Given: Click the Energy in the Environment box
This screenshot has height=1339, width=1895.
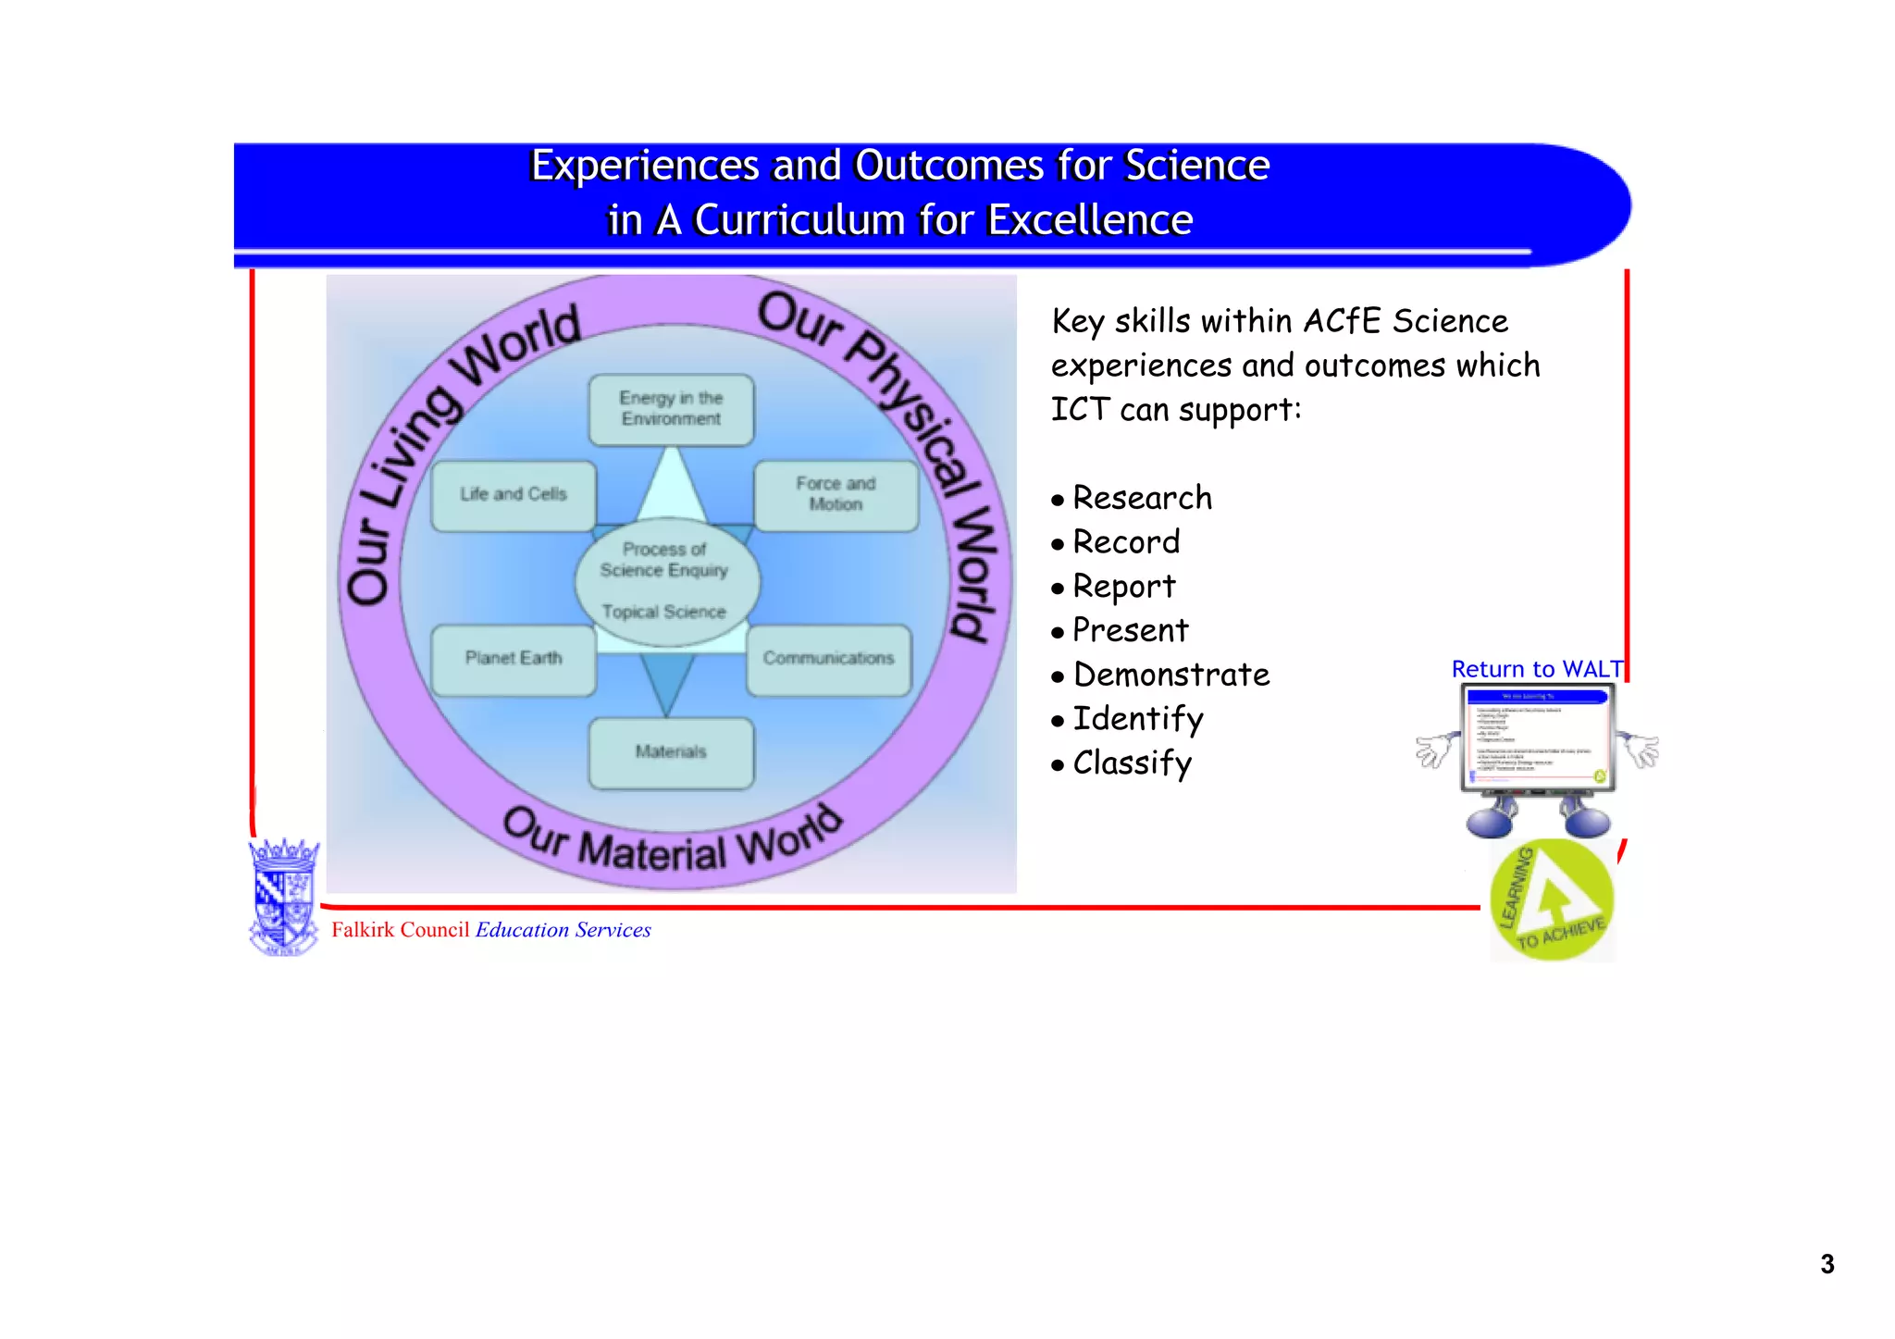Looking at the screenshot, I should pyautogui.click(x=671, y=409).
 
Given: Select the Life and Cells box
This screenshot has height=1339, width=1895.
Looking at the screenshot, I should pyautogui.click(x=514, y=495).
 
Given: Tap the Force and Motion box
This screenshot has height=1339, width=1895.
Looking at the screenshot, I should pyautogui.click(x=836, y=495).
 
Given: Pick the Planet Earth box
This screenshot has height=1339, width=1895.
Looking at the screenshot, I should pyautogui.click(x=514, y=659).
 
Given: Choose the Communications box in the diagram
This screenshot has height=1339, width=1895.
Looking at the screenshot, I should pyautogui.click(x=828, y=659).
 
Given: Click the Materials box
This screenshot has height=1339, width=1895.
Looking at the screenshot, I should pyautogui.click(x=671, y=752).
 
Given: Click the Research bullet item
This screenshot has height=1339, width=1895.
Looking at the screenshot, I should pyautogui.click(x=1142, y=499).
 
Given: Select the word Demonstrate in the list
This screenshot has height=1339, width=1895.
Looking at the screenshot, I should pyautogui.click(x=1171, y=676).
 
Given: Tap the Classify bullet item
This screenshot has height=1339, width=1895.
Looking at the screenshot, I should pyautogui.click(x=1133, y=764).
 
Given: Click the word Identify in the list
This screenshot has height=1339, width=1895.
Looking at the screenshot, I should pyautogui.click(x=1138, y=720).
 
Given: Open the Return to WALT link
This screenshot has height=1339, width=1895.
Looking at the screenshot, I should pyautogui.click(x=1537, y=669).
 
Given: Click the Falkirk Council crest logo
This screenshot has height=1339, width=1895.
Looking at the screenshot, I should pyautogui.click(x=283, y=897).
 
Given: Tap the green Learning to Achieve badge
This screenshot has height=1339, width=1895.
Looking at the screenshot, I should pyautogui.click(x=1552, y=900).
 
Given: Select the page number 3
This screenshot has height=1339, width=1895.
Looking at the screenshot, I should pyautogui.click(x=1827, y=1265).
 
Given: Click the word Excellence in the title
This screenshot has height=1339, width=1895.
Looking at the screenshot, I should pyautogui.click(x=1089, y=221).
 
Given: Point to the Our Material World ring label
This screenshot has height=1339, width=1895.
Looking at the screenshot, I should pyautogui.click(x=672, y=842).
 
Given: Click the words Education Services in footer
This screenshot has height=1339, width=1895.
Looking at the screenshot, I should pyautogui.click(x=563, y=930).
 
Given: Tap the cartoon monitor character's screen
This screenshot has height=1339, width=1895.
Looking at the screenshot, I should pyautogui.click(x=1537, y=738).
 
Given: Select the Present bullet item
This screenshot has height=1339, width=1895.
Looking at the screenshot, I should pyautogui.click(x=1130, y=631).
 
